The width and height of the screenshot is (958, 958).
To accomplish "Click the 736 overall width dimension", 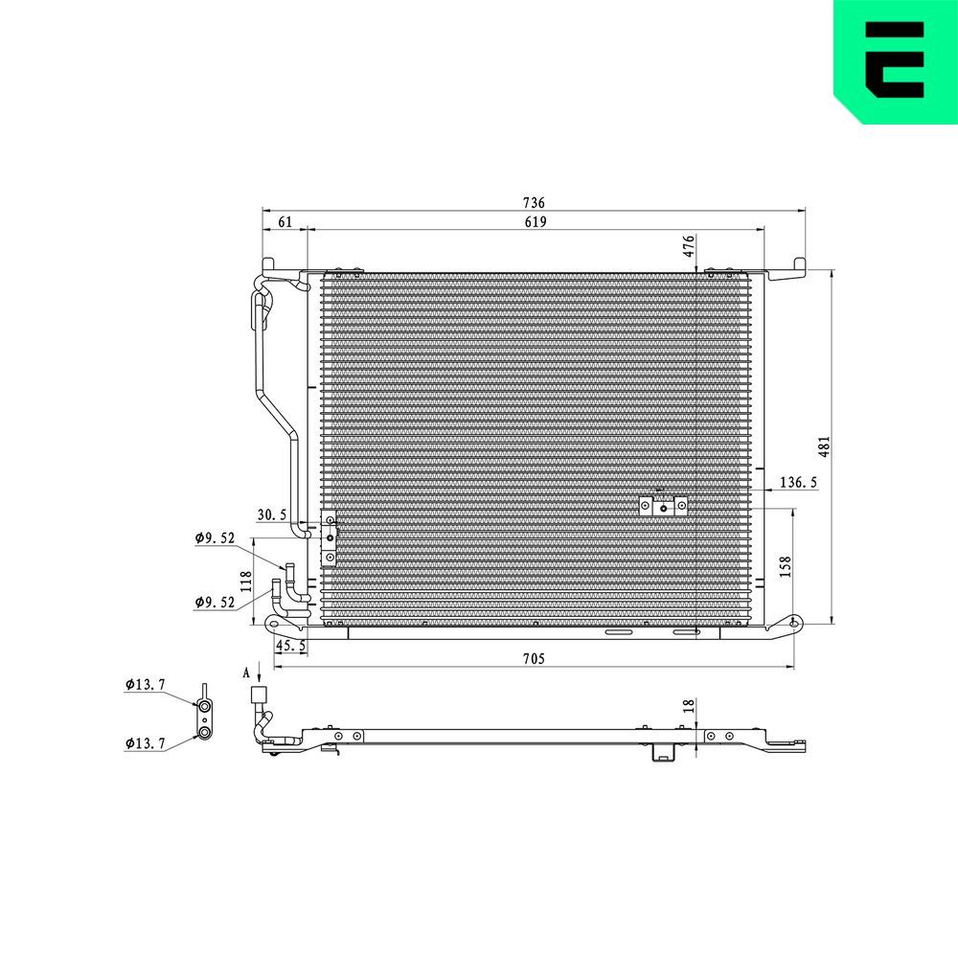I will click(534, 203).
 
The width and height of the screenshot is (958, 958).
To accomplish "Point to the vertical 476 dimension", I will click(688, 246).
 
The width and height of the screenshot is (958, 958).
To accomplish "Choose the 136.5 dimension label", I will click(798, 483).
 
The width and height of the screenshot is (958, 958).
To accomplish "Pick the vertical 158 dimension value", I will click(785, 565).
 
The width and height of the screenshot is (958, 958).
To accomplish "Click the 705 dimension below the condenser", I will click(534, 658).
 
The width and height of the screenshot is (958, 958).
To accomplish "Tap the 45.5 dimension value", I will click(291, 647).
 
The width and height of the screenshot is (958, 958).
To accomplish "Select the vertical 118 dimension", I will click(246, 581).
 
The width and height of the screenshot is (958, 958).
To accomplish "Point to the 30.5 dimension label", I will click(272, 515).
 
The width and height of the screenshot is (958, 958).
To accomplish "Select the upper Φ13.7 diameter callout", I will click(145, 684).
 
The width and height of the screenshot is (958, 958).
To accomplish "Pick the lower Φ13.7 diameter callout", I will click(145, 742).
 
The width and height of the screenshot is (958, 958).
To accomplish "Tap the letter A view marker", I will click(246, 674).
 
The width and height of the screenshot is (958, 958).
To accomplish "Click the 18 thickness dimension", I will click(688, 705).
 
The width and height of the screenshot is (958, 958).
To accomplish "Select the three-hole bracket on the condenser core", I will click(663, 506).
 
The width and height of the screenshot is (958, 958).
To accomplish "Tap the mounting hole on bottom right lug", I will click(793, 624).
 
